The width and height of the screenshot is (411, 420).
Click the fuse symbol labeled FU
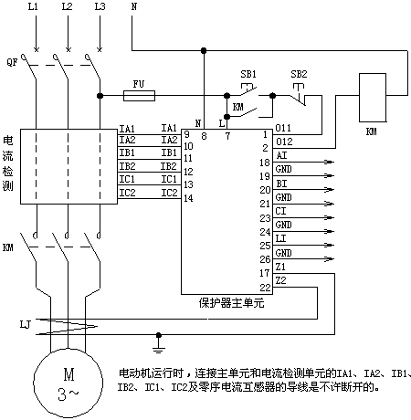[x=139, y=96]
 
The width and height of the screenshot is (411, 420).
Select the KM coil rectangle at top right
[x=373, y=98]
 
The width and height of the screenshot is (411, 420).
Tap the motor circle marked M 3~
[x=68, y=383]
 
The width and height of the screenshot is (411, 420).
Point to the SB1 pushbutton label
[x=248, y=74]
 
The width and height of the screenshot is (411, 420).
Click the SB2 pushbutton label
[x=299, y=74]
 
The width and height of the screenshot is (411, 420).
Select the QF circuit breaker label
[x=12, y=63]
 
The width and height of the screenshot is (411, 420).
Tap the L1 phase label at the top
[x=33, y=6]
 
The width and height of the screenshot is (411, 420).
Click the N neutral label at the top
[x=134, y=6]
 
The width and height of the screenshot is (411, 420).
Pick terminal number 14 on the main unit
[x=188, y=198]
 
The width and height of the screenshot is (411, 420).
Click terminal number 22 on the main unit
[x=265, y=288]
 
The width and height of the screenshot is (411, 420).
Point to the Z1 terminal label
[x=280, y=267]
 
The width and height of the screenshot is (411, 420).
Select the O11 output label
[x=283, y=128]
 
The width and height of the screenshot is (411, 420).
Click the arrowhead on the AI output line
[x=330, y=162]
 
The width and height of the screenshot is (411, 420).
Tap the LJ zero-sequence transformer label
[x=26, y=325]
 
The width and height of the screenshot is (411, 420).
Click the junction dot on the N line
[x=204, y=50]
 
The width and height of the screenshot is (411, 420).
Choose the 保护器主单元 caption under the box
[x=232, y=303]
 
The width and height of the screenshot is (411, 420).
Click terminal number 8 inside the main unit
[x=204, y=136]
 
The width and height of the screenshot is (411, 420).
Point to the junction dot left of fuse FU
[x=100, y=96]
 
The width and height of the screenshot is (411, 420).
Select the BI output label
[x=281, y=184]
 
